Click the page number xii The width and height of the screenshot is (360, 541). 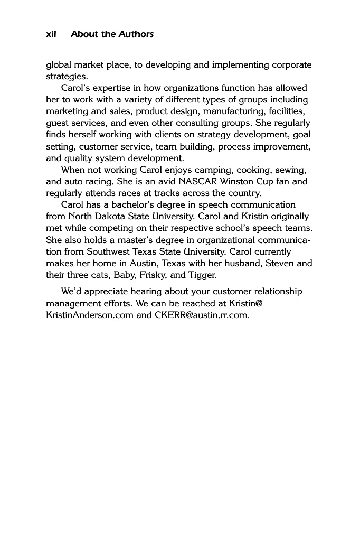[x=51, y=34]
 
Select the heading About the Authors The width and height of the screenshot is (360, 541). [x=112, y=34]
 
